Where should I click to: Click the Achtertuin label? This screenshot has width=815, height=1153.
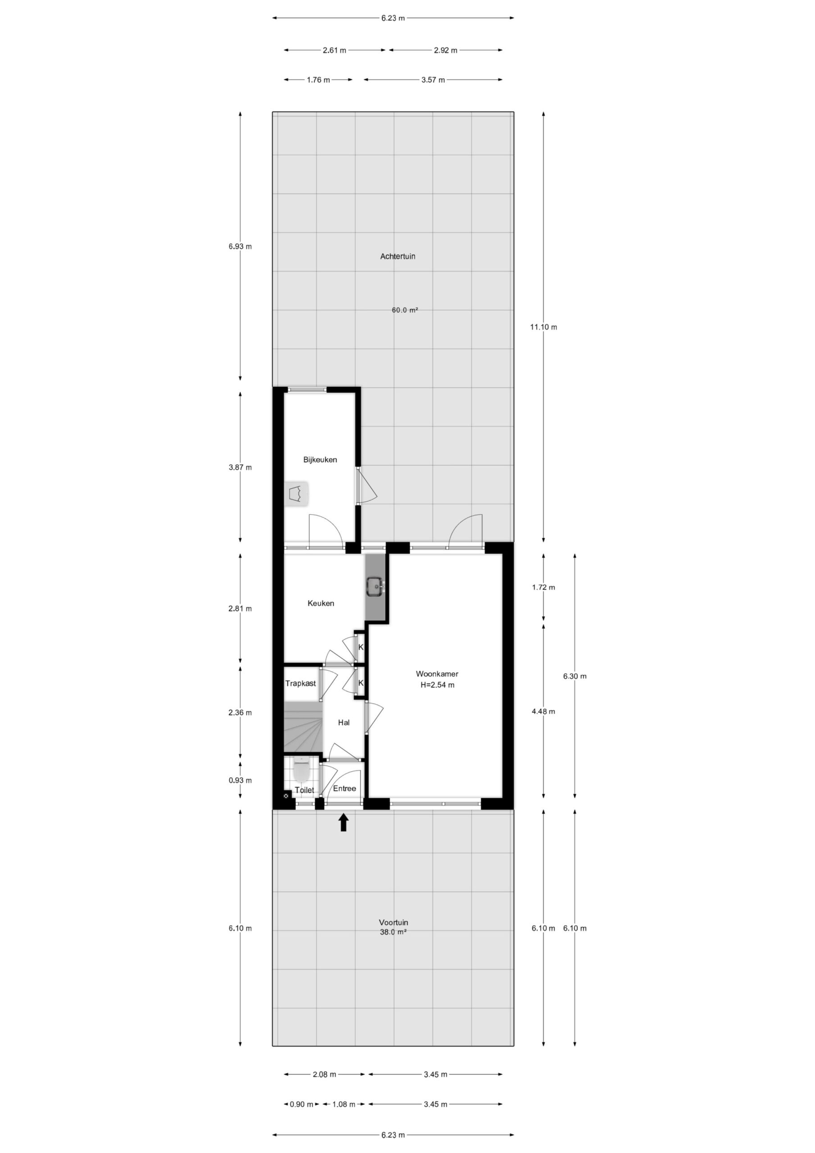398,256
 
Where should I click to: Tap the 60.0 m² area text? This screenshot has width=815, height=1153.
405,310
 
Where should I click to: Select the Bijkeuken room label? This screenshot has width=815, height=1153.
320,459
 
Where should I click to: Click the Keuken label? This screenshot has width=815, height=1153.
321,603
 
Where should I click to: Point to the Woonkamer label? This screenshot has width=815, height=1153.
437,674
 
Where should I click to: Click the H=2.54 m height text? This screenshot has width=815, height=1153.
437,685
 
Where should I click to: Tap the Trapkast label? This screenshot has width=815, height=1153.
301,683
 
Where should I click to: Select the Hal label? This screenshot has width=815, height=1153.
344,722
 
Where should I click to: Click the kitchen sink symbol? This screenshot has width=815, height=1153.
376,586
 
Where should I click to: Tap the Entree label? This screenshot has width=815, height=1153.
344,789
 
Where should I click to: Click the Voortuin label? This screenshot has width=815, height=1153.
393,922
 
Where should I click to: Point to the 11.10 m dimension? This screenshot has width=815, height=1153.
543,327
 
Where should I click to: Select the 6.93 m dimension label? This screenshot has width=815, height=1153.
240,246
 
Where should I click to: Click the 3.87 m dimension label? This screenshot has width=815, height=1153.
240,468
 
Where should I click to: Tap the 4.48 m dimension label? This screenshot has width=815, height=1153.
543,711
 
